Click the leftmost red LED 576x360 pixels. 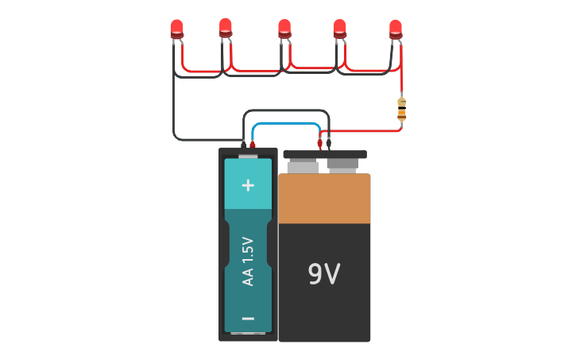[176, 29]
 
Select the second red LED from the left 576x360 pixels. [226, 27]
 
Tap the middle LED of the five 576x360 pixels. [284, 28]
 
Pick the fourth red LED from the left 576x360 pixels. [339, 28]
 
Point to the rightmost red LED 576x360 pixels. [396, 28]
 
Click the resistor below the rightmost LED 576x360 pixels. [401, 110]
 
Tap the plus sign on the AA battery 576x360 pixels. [248, 185]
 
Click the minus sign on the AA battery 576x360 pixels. [248, 319]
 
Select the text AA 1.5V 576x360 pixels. [248, 261]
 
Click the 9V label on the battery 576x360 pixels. [323, 274]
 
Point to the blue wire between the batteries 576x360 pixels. [286, 124]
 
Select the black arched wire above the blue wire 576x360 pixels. [286, 110]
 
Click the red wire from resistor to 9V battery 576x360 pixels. [365, 130]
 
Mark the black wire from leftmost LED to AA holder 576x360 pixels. [173, 111]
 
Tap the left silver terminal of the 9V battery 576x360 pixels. [303, 167]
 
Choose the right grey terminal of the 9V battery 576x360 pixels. [342, 166]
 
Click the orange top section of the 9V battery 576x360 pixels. [324, 199]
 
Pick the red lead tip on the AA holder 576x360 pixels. [253, 145]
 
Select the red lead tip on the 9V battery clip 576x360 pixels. [320, 145]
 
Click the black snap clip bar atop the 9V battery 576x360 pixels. [325, 154]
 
